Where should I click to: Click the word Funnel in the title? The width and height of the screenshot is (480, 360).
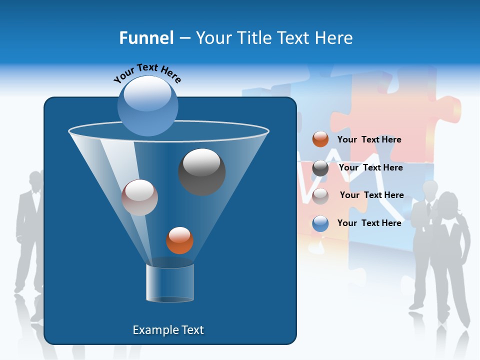[146, 38]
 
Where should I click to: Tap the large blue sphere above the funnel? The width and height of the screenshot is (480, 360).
[148, 105]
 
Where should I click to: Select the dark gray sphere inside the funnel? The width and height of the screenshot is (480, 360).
[202, 171]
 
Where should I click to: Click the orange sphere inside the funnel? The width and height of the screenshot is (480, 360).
[179, 240]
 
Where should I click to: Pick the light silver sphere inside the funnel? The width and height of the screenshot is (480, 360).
[139, 197]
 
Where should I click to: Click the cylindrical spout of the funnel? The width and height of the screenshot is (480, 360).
[170, 283]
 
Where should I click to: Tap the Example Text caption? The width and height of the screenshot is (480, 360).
[168, 330]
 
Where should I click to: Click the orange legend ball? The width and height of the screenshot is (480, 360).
[320, 139]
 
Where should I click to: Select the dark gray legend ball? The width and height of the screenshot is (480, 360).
[320, 168]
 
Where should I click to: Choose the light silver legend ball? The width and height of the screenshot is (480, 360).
[320, 195]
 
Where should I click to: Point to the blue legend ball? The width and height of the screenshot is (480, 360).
[320, 223]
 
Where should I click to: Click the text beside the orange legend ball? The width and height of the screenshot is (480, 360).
[369, 139]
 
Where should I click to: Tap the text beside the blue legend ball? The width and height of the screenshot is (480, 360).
[369, 223]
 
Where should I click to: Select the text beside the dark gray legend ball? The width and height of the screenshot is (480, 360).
[370, 167]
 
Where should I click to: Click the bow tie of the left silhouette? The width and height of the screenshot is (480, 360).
[34, 192]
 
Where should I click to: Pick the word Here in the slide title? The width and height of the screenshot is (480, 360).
[334, 38]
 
